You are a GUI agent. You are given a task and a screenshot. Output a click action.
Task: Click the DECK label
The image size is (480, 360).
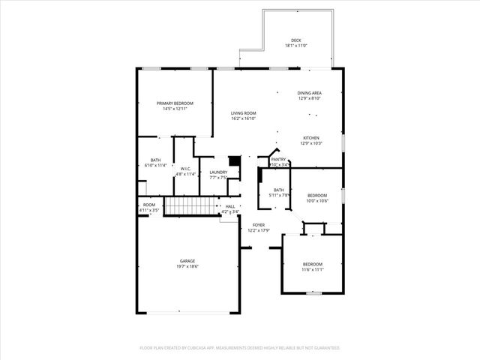[296, 40]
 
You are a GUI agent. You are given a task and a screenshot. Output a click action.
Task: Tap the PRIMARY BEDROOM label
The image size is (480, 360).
[175, 103]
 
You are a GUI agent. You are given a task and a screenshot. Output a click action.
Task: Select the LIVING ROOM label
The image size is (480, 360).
[244, 112]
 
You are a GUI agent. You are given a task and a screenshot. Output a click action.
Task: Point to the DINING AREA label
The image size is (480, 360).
[309, 92]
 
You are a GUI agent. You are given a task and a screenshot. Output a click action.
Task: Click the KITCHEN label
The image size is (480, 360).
[311, 138]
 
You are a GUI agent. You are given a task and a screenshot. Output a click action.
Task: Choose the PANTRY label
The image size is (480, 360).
[278, 159]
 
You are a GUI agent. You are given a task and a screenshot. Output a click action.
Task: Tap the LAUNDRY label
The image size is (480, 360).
[218, 172]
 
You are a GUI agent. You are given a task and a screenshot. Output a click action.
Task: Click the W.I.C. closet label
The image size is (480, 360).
[186, 169]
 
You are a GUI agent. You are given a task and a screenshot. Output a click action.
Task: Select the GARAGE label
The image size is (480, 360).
[187, 261]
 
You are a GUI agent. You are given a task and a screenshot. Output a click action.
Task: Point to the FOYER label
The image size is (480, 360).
[259, 225]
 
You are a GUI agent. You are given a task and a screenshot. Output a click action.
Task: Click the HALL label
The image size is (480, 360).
[230, 206]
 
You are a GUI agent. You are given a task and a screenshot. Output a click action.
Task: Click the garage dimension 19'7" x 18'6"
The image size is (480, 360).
[187, 267]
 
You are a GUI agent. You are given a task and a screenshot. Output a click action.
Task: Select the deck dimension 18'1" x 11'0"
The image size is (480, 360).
[296, 46]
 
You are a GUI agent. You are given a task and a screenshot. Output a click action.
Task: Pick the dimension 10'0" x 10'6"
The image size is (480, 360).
[317, 201]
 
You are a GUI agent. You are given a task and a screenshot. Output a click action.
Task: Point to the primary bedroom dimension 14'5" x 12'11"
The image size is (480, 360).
[175, 109]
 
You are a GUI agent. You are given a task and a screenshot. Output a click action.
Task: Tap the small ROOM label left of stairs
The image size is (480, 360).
[148, 205]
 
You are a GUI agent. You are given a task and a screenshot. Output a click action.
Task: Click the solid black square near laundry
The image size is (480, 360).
[234, 160]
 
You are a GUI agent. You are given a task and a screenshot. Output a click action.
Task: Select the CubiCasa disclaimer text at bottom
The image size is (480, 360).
[240, 348]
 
